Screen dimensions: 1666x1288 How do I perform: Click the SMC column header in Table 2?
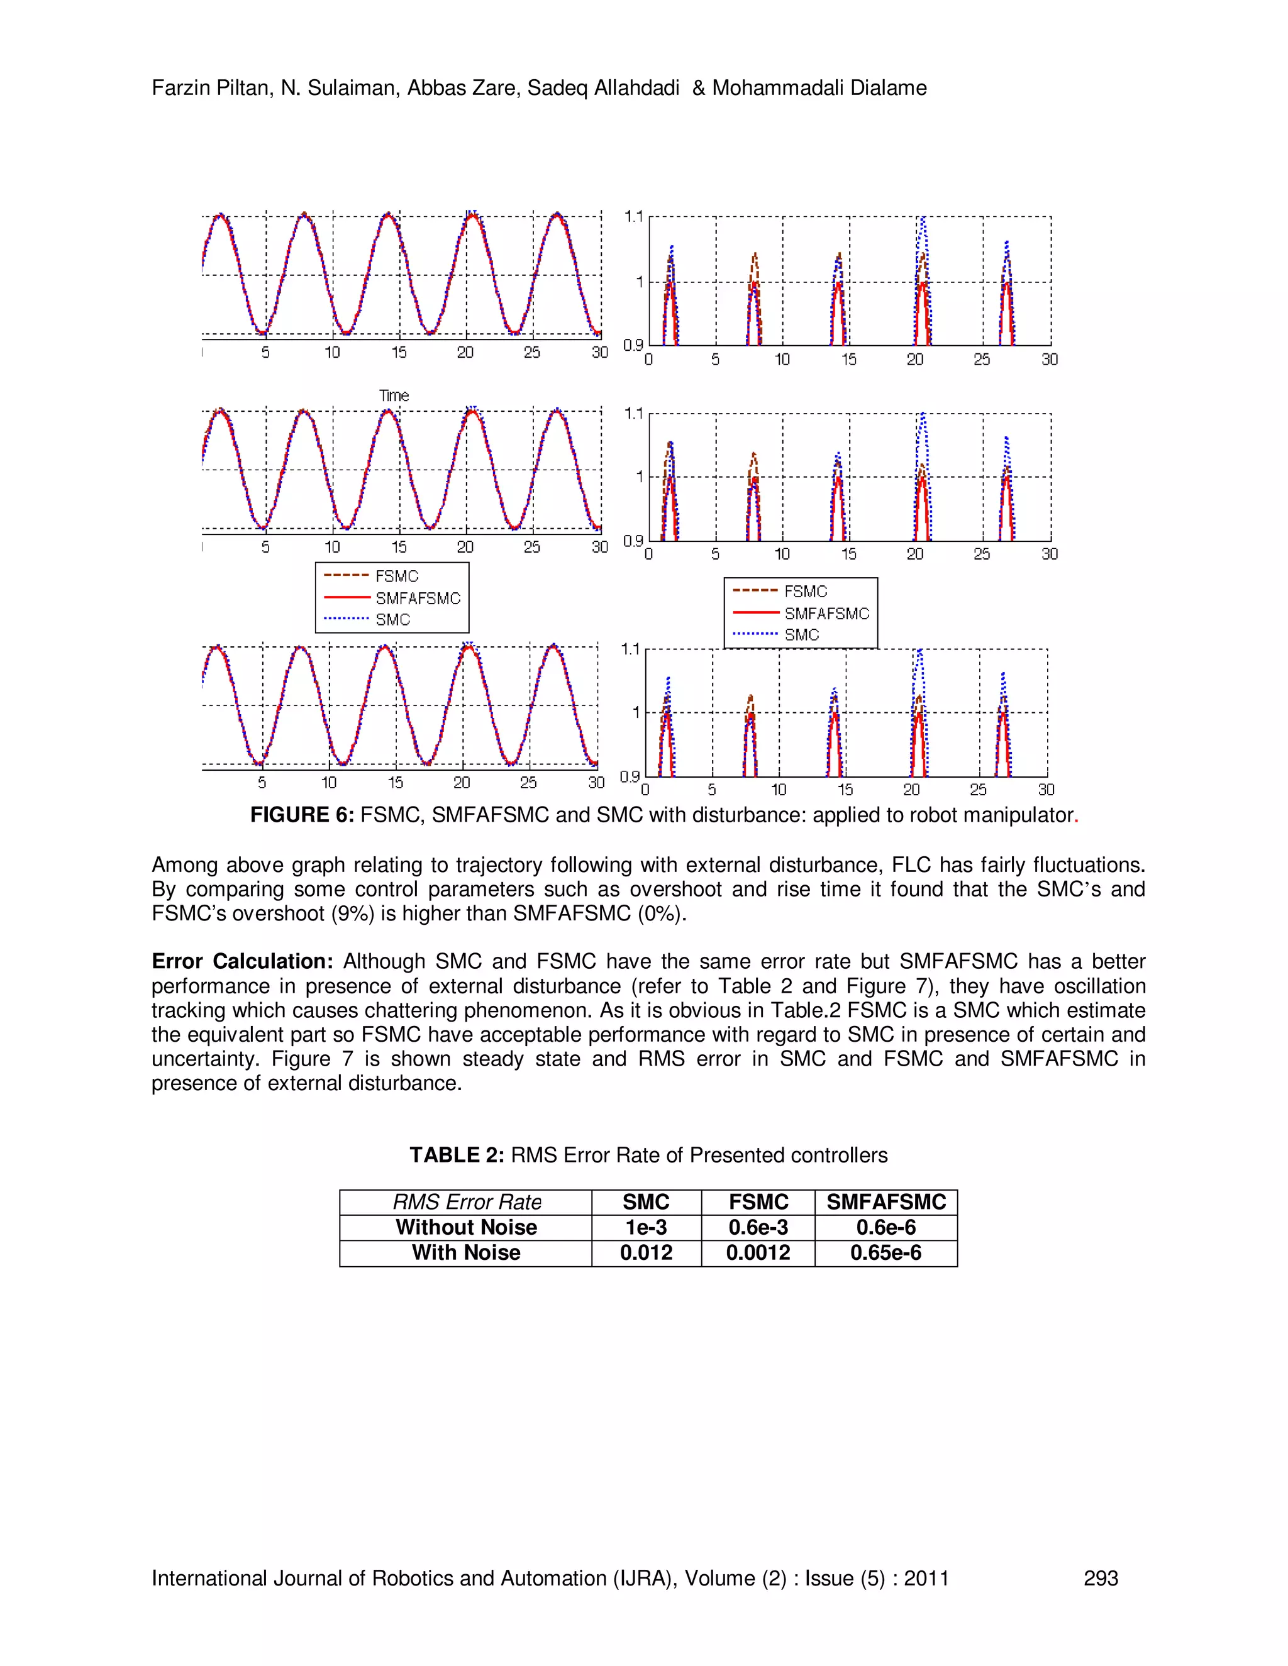click(645, 1202)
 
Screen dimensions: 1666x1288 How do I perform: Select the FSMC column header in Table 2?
click(758, 1202)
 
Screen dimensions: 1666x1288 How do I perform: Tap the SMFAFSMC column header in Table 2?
click(886, 1202)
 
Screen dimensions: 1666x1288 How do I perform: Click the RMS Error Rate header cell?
click(466, 1202)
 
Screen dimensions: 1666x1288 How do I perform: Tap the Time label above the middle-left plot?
click(394, 395)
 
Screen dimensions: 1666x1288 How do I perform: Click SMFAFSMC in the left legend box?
click(418, 598)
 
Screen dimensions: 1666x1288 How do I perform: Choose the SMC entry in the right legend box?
click(801, 635)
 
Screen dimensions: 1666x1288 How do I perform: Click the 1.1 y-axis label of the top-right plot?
click(633, 217)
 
